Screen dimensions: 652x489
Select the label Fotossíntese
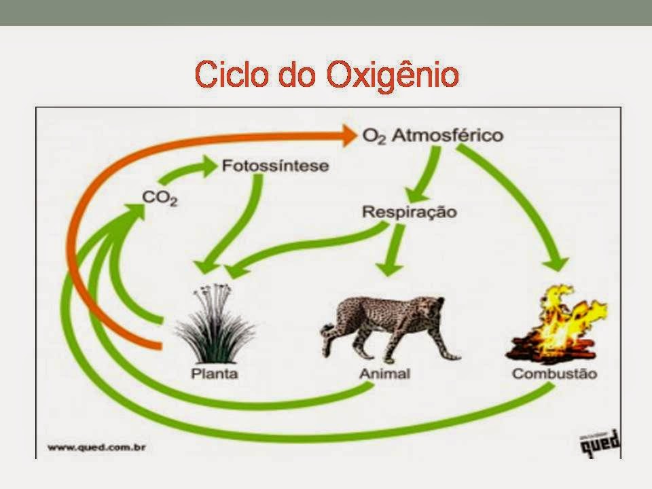pos(275,166)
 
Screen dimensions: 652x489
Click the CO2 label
pos(160,198)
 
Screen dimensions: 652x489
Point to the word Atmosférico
pos(448,135)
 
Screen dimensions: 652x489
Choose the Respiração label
pos(410,212)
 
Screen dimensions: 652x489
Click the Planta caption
pos(215,374)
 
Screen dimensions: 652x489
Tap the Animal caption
pos(384,374)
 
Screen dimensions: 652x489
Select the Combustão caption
pos(554,374)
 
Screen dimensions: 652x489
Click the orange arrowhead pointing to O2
pos(348,136)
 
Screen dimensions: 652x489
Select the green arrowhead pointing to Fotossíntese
pos(210,166)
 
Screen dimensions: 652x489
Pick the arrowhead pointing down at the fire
pos(556,264)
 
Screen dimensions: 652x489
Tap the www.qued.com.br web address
pos(96,448)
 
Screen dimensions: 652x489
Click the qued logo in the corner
pos(600,443)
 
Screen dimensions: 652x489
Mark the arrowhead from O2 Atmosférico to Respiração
pos(417,195)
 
